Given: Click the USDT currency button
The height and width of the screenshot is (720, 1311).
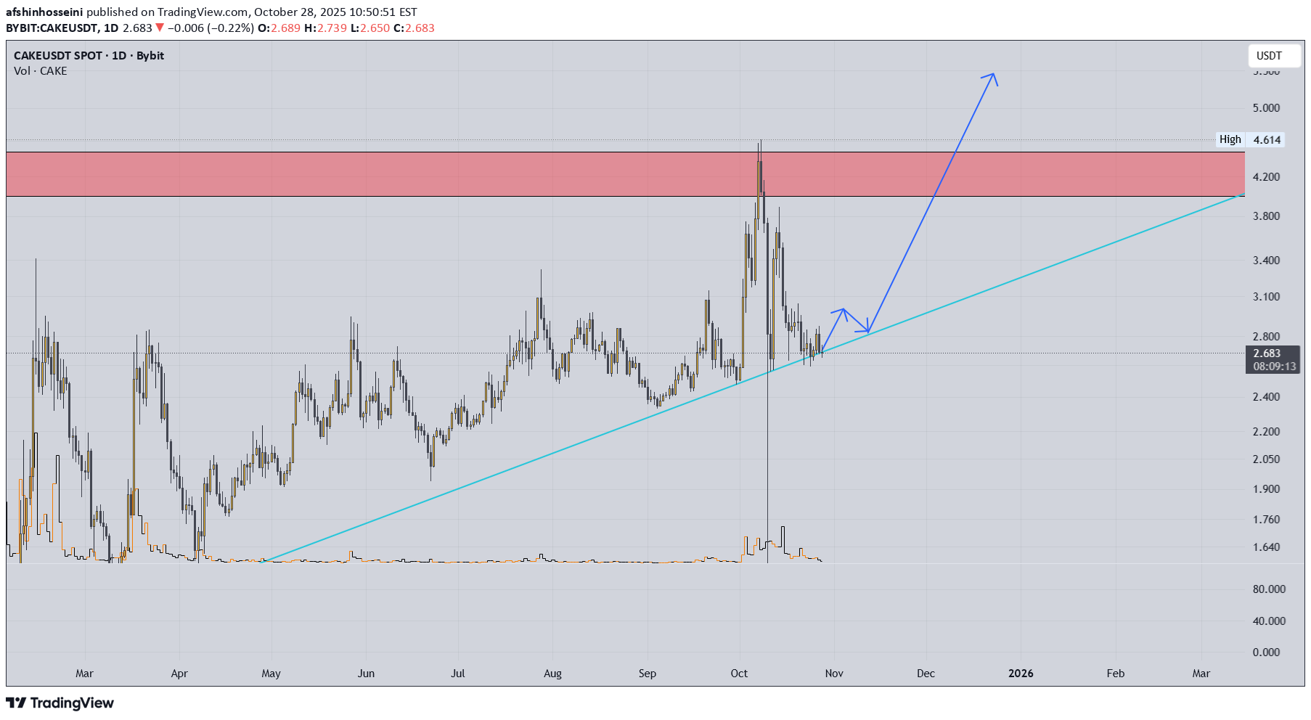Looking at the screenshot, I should coord(1269,56).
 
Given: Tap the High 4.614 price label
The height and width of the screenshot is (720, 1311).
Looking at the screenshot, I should coord(1251,139).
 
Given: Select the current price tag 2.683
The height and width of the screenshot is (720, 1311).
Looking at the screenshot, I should coord(1267,353).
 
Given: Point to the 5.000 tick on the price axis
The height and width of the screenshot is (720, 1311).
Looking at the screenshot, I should coord(1266,108).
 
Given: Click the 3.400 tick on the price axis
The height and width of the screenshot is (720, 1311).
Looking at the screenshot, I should coord(1266,261).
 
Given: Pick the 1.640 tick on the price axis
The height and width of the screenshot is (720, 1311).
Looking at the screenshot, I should coord(1266,547).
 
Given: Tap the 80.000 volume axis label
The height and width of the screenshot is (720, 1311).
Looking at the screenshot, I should coord(1269,589).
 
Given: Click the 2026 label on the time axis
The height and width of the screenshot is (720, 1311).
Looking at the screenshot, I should coord(1021,674).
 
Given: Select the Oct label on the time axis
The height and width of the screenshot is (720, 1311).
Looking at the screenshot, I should coord(739,674).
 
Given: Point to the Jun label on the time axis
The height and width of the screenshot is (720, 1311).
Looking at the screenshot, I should coord(366,674).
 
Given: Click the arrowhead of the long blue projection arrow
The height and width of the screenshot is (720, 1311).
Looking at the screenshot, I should coord(992,75).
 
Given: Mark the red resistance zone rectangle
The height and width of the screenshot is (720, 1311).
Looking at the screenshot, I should coord(624,174).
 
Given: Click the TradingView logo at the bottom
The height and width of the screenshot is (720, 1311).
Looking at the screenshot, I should coord(60,703).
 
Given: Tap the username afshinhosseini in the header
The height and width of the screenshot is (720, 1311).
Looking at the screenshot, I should coord(44,12).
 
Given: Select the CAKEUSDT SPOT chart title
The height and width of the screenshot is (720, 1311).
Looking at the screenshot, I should coord(89,56).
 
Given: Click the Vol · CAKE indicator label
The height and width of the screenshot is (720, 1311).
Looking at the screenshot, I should coord(41,71).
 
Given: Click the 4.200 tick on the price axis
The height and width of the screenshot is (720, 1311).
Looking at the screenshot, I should coord(1266,177).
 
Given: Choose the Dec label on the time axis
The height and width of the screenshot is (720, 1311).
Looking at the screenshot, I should coord(926,674).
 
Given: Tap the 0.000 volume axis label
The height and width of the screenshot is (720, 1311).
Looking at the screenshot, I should coord(1266,652).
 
